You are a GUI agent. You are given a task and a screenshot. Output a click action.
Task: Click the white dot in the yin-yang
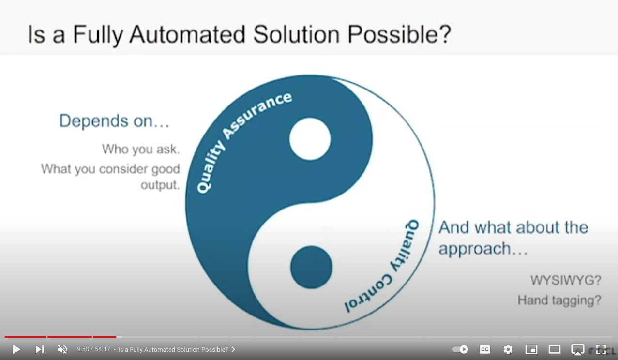pyautogui.click(x=310, y=139)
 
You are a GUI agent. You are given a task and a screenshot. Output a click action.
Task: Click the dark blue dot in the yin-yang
pyautogui.click(x=311, y=267)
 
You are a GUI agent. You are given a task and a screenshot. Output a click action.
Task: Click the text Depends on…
pyautogui.click(x=114, y=121)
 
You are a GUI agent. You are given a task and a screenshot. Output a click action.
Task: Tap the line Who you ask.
pyautogui.click(x=141, y=149)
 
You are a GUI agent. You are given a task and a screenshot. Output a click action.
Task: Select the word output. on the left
pyautogui.click(x=160, y=185)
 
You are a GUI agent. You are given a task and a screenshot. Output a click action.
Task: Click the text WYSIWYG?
pyautogui.click(x=566, y=280)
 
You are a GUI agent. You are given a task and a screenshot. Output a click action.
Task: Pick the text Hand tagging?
pyautogui.click(x=559, y=300)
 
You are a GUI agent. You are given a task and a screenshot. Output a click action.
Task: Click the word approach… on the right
pyautogui.click(x=482, y=249)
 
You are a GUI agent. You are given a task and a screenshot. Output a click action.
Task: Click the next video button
pyautogui.click(x=40, y=349)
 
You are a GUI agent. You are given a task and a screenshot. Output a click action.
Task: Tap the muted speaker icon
pyautogui.click(x=62, y=349)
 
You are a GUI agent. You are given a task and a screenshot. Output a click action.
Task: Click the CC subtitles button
pyautogui.click(x=484, y=349)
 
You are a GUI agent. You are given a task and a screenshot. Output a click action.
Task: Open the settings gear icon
pyautogui.click(x=508, y=349)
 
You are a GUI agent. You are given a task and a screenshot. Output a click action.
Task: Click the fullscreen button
pyautogui.click(x=601, y=349)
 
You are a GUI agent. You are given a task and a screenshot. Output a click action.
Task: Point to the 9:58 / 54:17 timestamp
pyautogui.click(x=93, y=349)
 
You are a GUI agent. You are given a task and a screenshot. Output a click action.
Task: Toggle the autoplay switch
pyautogui.click(x=460, y=349)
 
